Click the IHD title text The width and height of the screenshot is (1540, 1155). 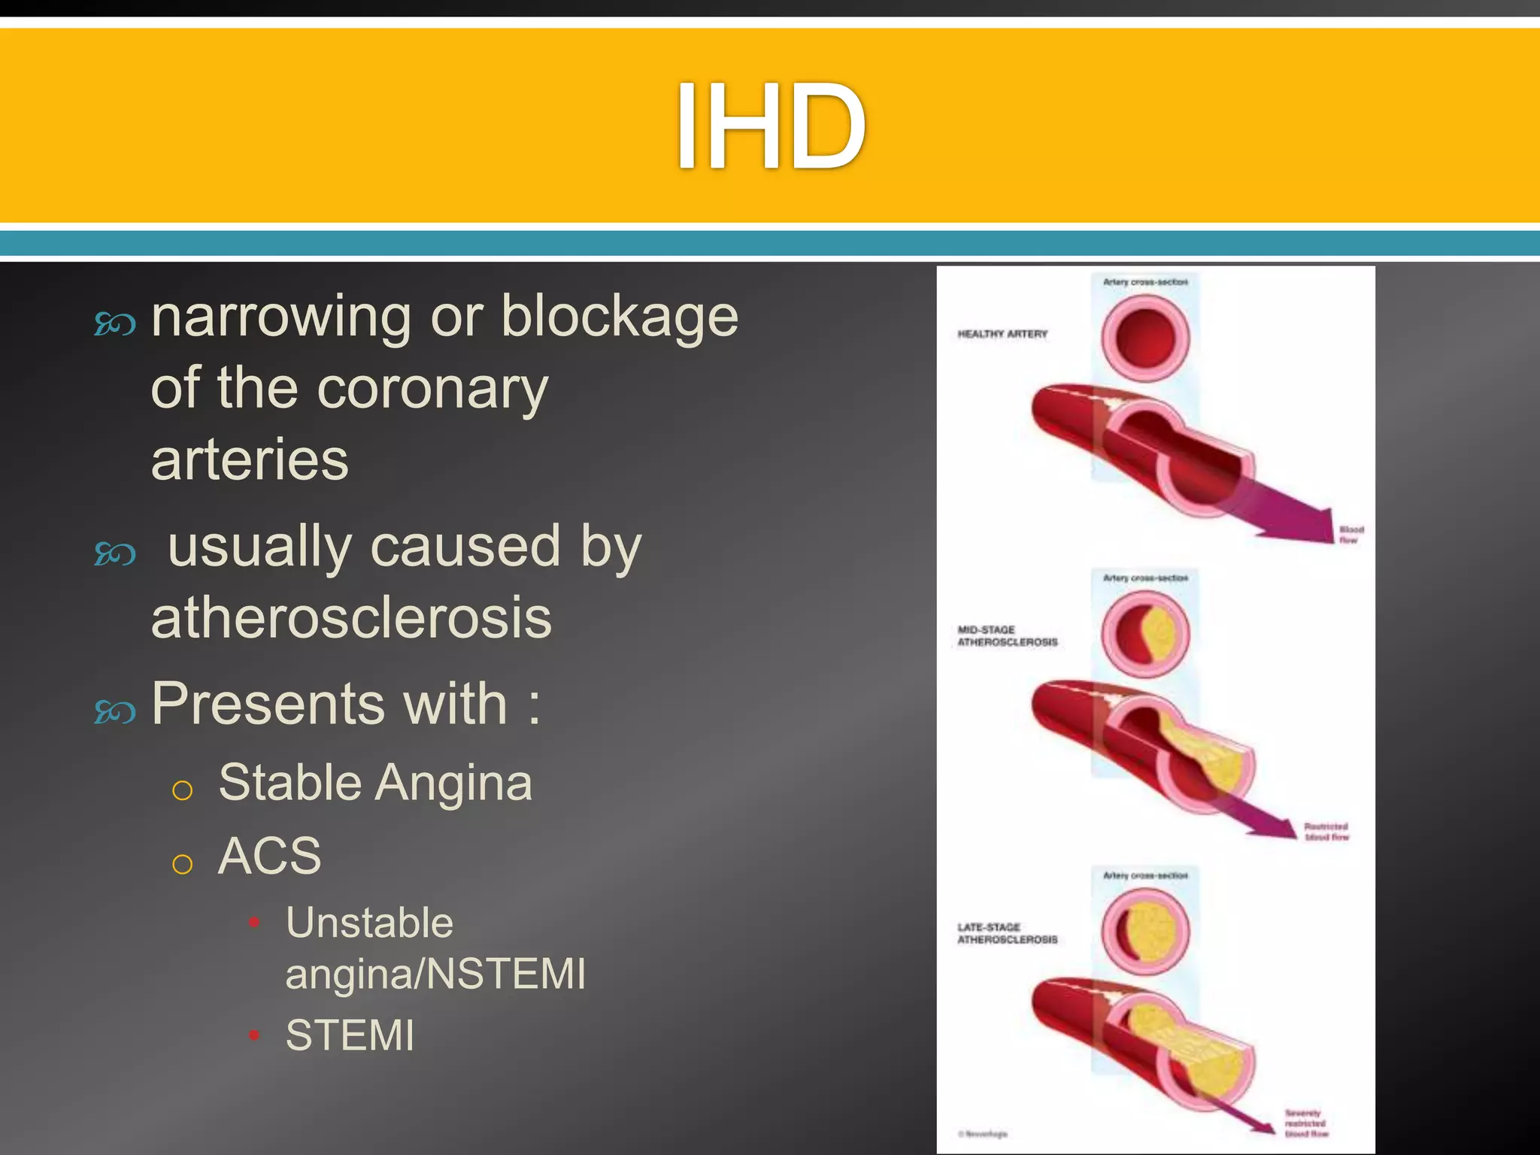point(770,126)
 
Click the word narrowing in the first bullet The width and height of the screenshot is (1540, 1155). point(280,317)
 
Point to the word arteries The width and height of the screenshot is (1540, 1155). point(250,459)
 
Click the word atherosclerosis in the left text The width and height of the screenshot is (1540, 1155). point(351,618)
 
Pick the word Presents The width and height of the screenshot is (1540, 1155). point(266,704)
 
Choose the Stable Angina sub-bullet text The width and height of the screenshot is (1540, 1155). point(374,783)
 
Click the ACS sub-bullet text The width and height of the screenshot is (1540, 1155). point(269,856)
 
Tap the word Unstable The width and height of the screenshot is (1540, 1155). point(369,923)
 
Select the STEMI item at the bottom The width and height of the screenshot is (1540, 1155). point(350,1035)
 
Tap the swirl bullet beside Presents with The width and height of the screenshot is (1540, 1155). point(115,711)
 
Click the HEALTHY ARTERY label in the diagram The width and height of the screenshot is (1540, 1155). point(1002,334)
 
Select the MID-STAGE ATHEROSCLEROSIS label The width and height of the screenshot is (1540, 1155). point(1007,636)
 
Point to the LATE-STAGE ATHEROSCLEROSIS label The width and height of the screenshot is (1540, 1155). point(1007,933)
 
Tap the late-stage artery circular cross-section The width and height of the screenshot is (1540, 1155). point(1145,931)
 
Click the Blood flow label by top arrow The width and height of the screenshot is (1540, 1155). point(1351,535)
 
